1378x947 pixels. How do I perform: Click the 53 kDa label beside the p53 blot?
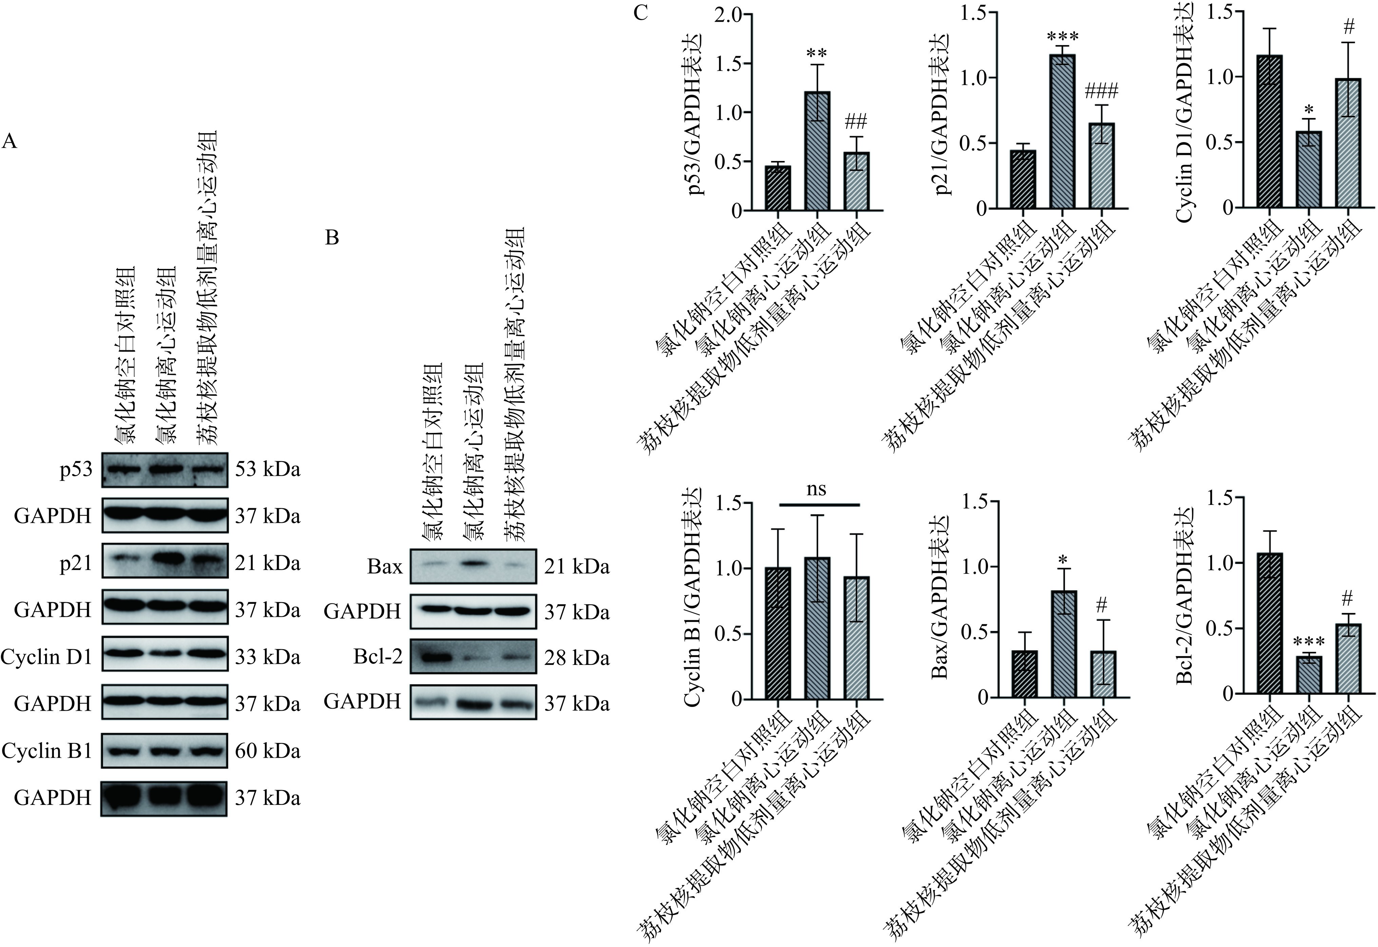pyautogui.click(x=267, y=469)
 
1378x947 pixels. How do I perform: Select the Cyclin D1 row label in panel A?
pyautogui.click(x=46, y=657)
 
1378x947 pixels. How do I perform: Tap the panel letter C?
pyautogui.click(x=640, y=13)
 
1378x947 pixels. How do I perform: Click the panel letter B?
pyautogui.click(x=332, y=238)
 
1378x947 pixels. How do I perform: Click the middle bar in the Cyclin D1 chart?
pyautogui.click(x=1308, y=170)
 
